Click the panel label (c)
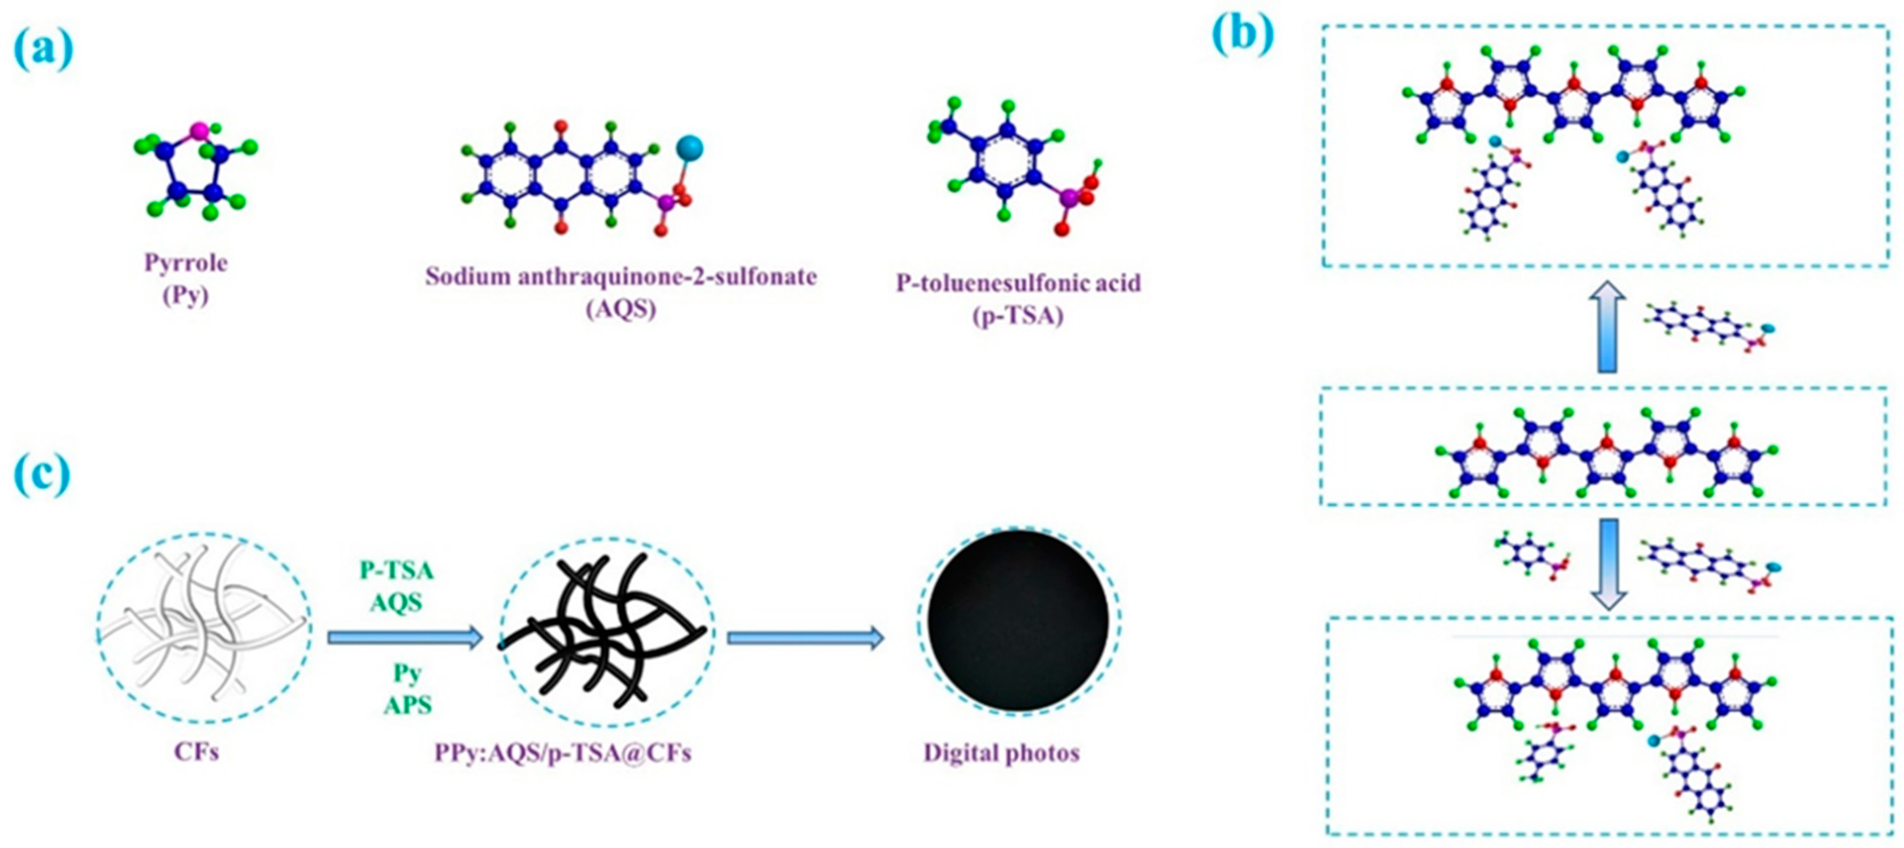(x=42, y=476)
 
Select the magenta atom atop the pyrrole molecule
(x=198, y=131)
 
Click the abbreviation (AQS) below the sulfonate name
(x=621, y=309)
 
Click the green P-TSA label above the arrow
(x=396, y=571)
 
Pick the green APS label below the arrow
(x=407, y=705)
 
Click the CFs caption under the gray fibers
(x=197, y=752)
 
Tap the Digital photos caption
(x=1002, y=752)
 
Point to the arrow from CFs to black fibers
(x=405, y=637)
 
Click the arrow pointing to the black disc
(x=805, y=637)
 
